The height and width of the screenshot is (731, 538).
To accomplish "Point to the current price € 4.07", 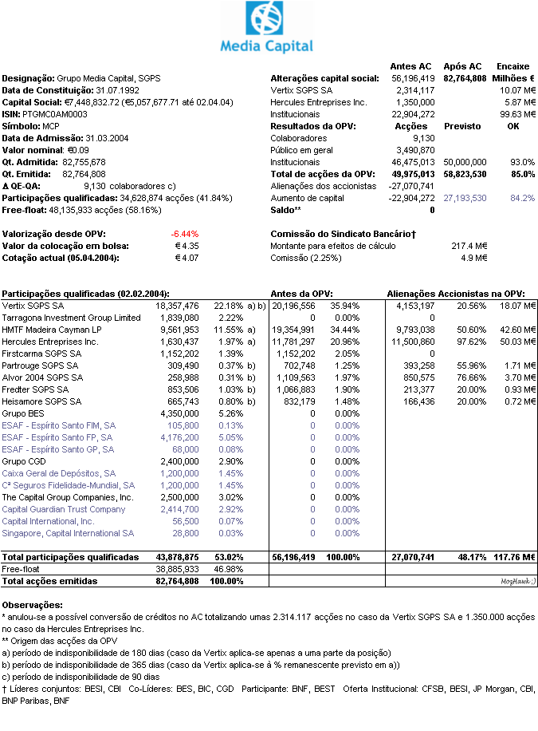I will click(x=187, y=258).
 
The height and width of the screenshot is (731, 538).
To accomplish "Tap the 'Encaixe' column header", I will click(x=513, y=66).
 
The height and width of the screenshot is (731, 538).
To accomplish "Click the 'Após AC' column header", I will click(x=463, y=66).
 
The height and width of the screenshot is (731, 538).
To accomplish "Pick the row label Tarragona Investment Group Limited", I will click(x=71, y=318).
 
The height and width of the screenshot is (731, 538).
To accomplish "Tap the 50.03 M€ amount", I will click(x=516, y=341).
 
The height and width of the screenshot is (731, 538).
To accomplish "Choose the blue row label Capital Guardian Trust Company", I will click(x=63, y=509).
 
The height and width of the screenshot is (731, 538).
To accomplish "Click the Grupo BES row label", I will click(x=23, y=413).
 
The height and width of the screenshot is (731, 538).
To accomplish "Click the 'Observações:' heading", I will click(x=33, y=606).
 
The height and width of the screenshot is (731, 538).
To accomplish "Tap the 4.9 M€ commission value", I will click(x=474, y=258).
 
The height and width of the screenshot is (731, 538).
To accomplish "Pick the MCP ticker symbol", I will click(x=51, y=126).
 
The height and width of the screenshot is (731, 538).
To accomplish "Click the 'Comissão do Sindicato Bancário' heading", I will click(x=344, y=234).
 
